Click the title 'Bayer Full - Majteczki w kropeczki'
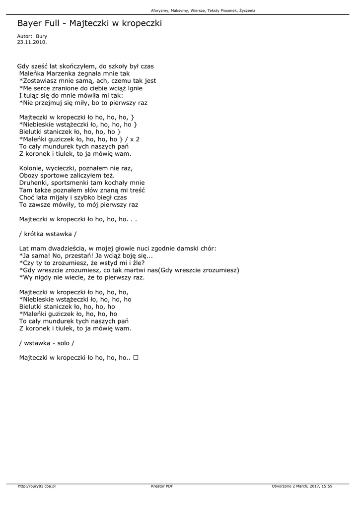tap(89, 23)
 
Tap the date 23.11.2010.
tap(32, 42)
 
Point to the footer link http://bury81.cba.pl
tap(36, 486)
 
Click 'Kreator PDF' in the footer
tap(162, 486)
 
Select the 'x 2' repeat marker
tap(135, 139)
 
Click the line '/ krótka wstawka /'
tap(48, 233)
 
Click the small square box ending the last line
tap(136, 357)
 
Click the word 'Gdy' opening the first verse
tap(23, 65)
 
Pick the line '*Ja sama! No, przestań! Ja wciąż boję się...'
tap(86, 255)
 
